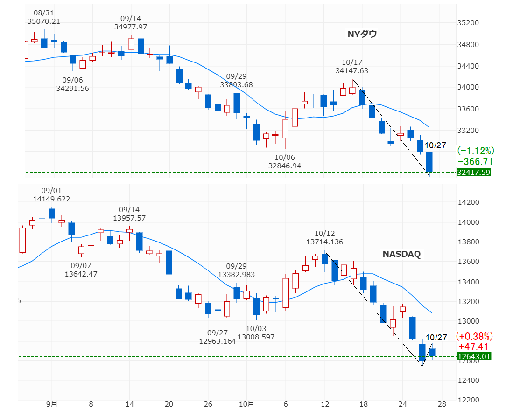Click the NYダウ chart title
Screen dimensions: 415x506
pos(362,34)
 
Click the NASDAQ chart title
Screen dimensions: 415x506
pos(401,254)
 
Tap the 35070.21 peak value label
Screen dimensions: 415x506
pos(44,21)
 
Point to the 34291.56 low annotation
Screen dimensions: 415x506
pos(73,88)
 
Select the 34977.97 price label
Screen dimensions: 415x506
pos(131,27)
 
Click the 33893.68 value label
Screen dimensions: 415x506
pos(236,85)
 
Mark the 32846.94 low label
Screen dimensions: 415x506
pos(285,166)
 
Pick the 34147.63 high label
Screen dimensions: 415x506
pos(352,71)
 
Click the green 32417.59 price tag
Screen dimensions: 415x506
pos(474,173)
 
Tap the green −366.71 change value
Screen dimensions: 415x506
pos(475,161)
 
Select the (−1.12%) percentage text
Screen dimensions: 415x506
pos(475,151)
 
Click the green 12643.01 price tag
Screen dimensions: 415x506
pos(474,357)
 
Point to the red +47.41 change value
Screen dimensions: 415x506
pos(473,346)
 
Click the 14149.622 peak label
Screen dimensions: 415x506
pos(51,199)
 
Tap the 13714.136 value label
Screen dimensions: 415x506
pos(325,242)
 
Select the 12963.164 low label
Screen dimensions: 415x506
pos(218,341)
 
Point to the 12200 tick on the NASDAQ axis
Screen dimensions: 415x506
pos(469,400)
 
